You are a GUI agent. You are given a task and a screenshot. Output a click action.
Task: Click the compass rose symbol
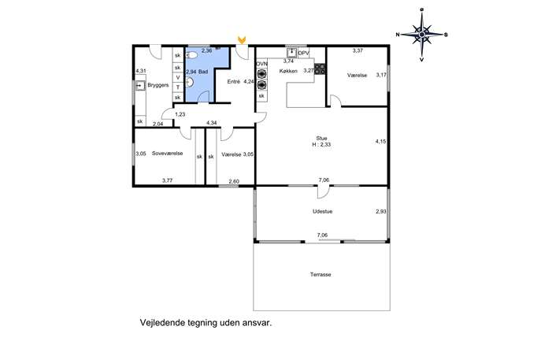(x=421, y=35)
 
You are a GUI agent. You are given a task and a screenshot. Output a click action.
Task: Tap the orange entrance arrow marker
(x=242, y=40)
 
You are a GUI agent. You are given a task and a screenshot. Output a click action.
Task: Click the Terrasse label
(x=321, y=275)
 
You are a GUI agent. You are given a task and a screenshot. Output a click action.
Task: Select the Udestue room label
(x=323, y=212)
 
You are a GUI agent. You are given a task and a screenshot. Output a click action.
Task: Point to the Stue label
(x=321, y=139)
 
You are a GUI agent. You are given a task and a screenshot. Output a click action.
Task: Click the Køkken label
(x=288, y=71)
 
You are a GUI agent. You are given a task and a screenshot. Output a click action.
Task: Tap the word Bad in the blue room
(x=203, y=72)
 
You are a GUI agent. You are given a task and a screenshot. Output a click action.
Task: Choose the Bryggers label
(x=158, y=85)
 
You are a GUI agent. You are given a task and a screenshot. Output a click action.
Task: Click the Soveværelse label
(x=167, y=154)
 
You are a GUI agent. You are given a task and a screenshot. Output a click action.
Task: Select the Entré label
(x=234, y=82)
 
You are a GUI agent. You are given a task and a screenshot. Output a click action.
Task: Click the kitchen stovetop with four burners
(x=320, y=69)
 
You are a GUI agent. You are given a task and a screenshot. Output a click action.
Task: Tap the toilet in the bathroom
(x=191, y=55)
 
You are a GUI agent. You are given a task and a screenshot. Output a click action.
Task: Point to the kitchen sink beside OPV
(x=292, y=53)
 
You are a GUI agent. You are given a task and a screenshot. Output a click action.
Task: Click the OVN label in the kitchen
(x=262, y=64)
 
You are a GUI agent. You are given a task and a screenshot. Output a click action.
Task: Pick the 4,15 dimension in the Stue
(x=380, y=141)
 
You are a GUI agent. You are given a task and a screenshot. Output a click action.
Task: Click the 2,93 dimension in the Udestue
(x=381, y=212)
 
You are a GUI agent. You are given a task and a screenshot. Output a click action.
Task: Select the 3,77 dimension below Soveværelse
(x=167, y=180)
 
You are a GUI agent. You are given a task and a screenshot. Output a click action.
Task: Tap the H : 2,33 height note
(x=321, y=145)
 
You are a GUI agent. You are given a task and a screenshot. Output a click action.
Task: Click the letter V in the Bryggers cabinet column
(x=178, y=77)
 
